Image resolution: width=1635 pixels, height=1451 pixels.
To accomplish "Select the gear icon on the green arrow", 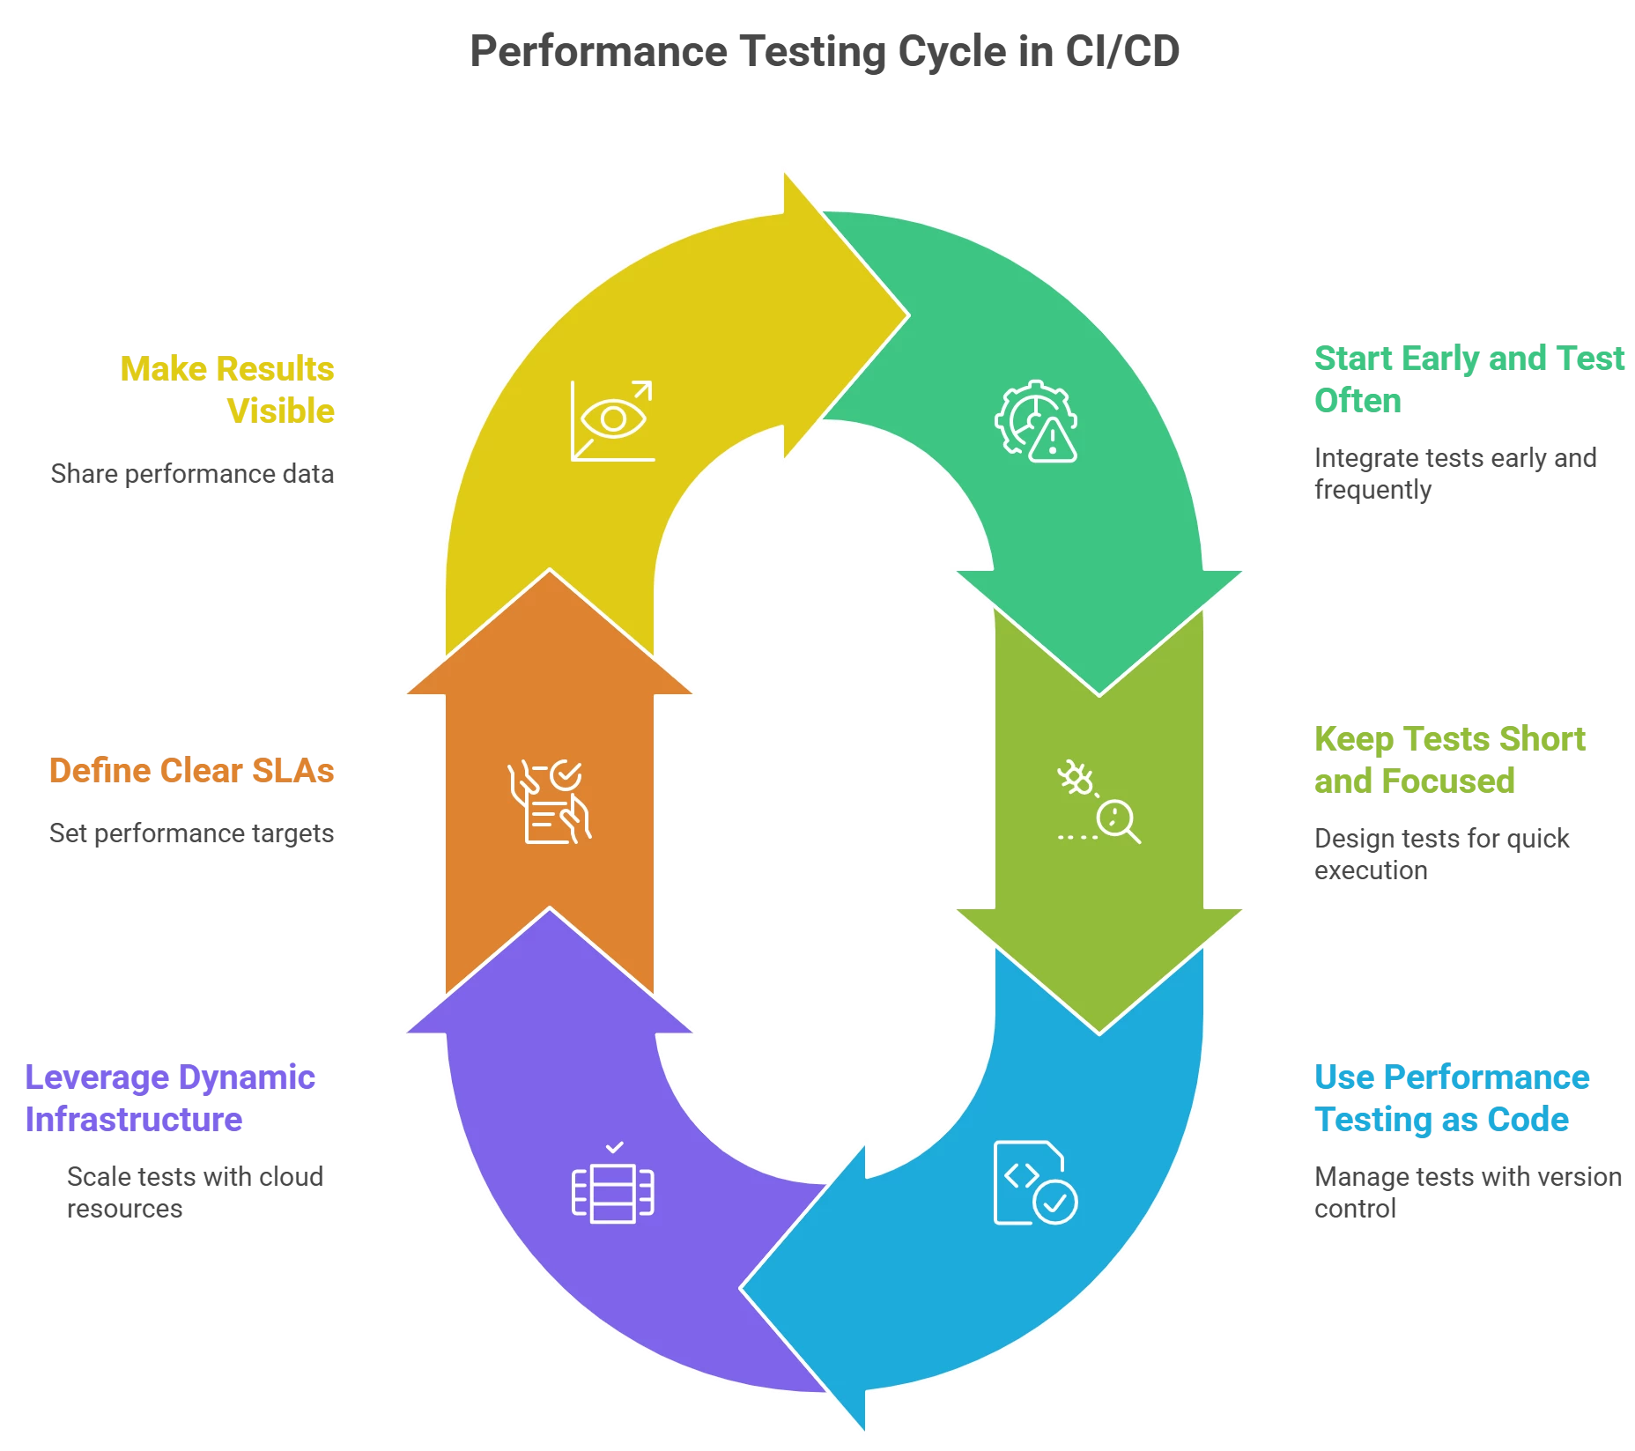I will click(1025, 414).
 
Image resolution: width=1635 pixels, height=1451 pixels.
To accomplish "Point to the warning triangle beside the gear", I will click(1054, 440).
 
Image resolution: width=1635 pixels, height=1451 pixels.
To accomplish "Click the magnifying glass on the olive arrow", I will click(1117, 821).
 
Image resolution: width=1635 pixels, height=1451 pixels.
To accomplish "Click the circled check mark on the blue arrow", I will click(1054, 1200).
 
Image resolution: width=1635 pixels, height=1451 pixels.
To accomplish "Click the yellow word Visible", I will click(282, 410).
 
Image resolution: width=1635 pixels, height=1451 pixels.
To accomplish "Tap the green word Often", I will click(1357, 401).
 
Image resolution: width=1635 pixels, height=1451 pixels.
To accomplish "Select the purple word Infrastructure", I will click(134, 1120).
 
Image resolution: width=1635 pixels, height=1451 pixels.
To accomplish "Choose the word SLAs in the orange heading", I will click(294, 771).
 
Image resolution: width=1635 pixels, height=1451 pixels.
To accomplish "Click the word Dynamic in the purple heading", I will click(247, 1077).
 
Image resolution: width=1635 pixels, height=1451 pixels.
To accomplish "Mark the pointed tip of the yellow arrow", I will click(907, 315).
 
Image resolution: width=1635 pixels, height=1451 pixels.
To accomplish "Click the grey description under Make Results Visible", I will click(194, 474).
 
